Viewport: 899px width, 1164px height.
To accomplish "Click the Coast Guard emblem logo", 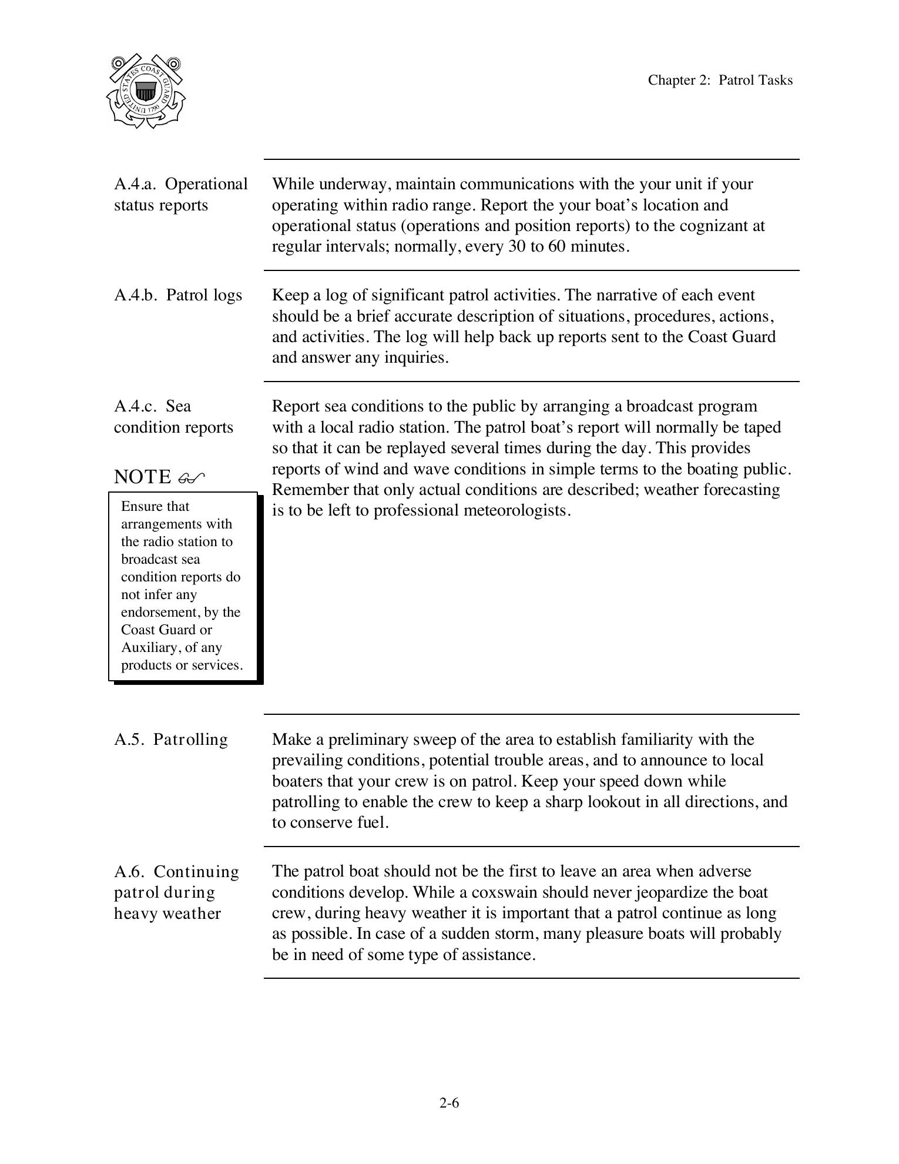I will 146,91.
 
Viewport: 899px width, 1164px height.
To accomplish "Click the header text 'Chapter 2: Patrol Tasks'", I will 720,81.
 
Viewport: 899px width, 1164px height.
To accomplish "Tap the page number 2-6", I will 449,1103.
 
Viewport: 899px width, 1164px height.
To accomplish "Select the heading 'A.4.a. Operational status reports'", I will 180,195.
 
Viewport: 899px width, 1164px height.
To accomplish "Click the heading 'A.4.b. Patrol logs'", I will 178,295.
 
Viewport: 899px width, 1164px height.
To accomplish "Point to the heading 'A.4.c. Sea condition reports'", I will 173,417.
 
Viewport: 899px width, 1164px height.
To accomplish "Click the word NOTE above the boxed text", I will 142,477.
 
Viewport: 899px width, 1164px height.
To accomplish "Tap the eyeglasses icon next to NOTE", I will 192,477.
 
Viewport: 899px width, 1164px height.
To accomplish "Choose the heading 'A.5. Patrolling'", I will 171,740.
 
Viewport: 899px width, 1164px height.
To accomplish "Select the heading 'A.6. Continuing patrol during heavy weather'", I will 176,892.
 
